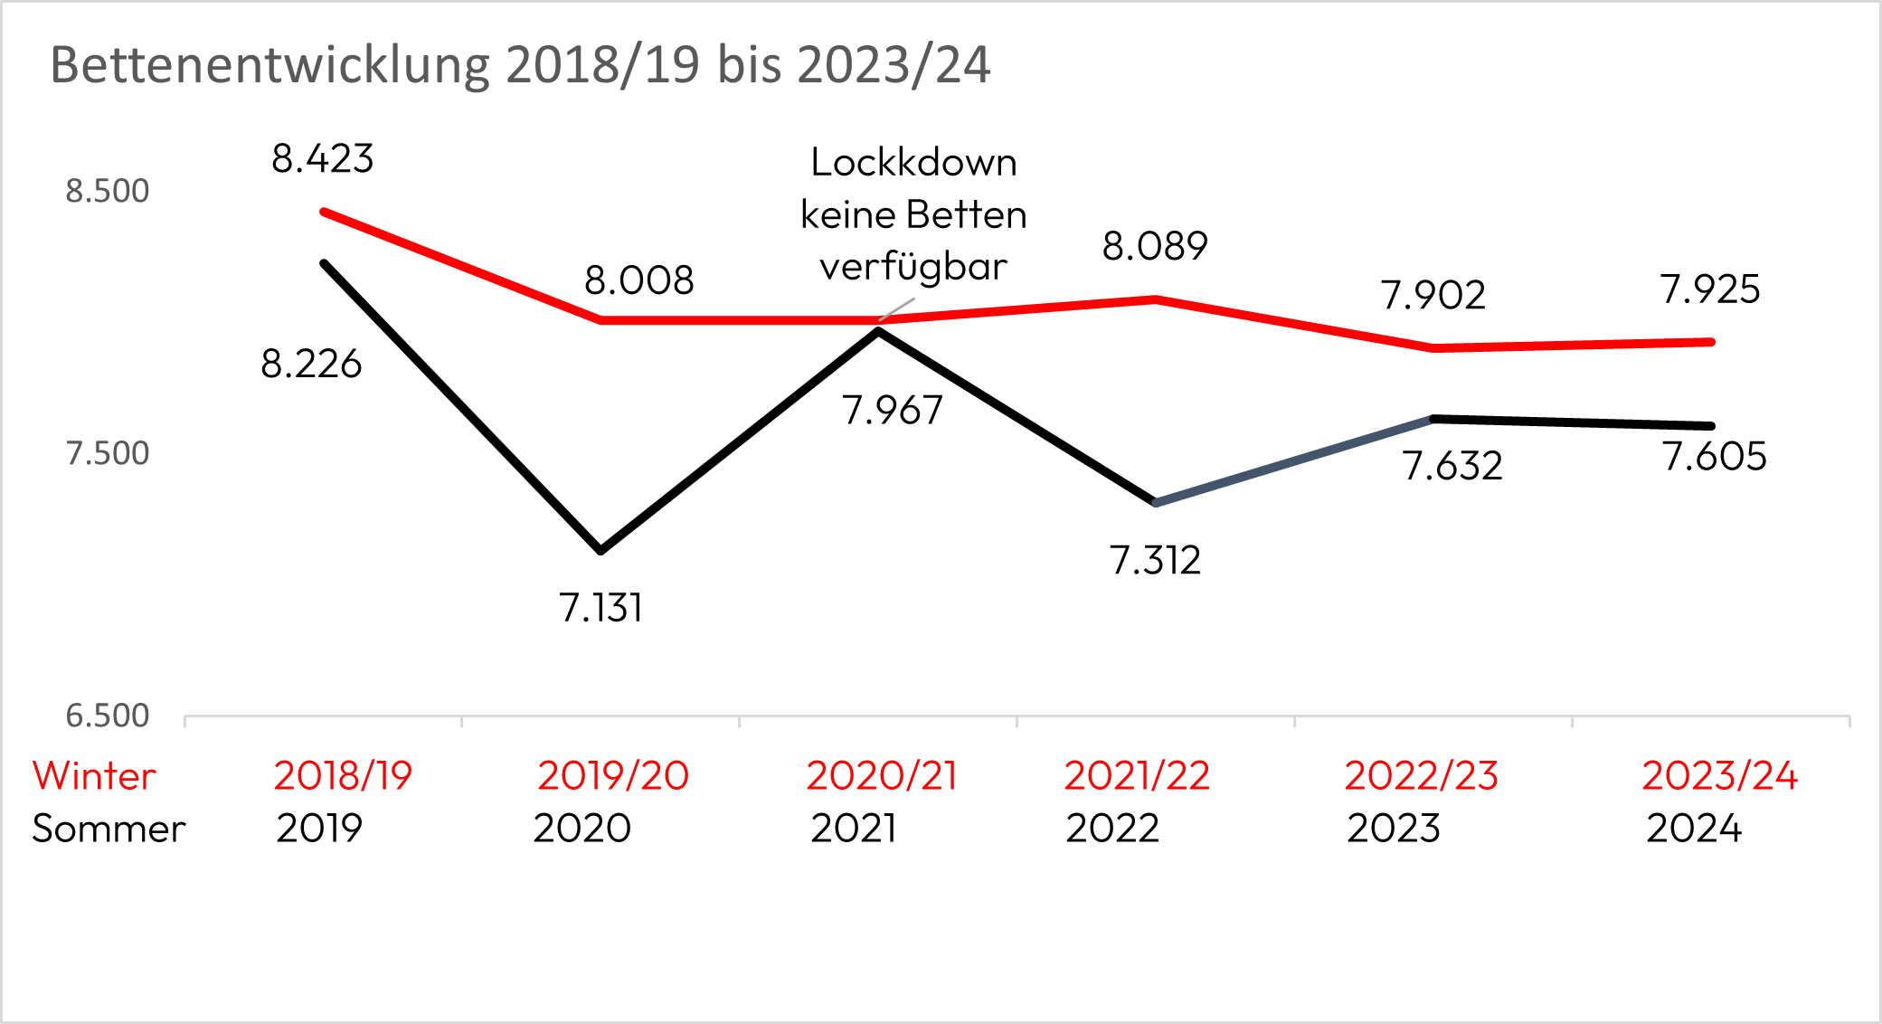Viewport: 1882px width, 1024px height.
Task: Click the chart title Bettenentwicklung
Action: (520, 65)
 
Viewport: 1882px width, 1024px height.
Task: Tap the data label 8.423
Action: (323, 159)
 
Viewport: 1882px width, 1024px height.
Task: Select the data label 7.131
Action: (601, 608)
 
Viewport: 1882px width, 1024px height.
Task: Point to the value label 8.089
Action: (1155, 246)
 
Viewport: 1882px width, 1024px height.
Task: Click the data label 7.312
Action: (1155, 561)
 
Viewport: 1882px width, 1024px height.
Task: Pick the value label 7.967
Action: (893, 411)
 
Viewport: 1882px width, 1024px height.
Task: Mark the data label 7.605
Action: (1714, 456)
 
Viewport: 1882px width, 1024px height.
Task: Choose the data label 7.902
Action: (1433, 296)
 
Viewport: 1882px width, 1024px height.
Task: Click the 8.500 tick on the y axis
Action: (107, 192)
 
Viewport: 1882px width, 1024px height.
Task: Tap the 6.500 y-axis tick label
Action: (107, 716)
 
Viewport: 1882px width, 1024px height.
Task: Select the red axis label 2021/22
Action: (1137, 776)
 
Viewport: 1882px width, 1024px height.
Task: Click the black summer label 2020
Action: (582, 829)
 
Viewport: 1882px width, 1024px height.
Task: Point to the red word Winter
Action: (94, 776)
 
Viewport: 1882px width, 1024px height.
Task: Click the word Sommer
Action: (109, 829)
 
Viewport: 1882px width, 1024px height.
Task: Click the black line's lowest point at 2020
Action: (601, 550)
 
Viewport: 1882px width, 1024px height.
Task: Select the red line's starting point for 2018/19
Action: (324, 212)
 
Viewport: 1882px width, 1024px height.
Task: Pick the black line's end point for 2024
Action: (1711, 426)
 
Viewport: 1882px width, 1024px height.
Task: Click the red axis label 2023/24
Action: (1719, 776)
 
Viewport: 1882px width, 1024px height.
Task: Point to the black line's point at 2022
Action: (1156, 502)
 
